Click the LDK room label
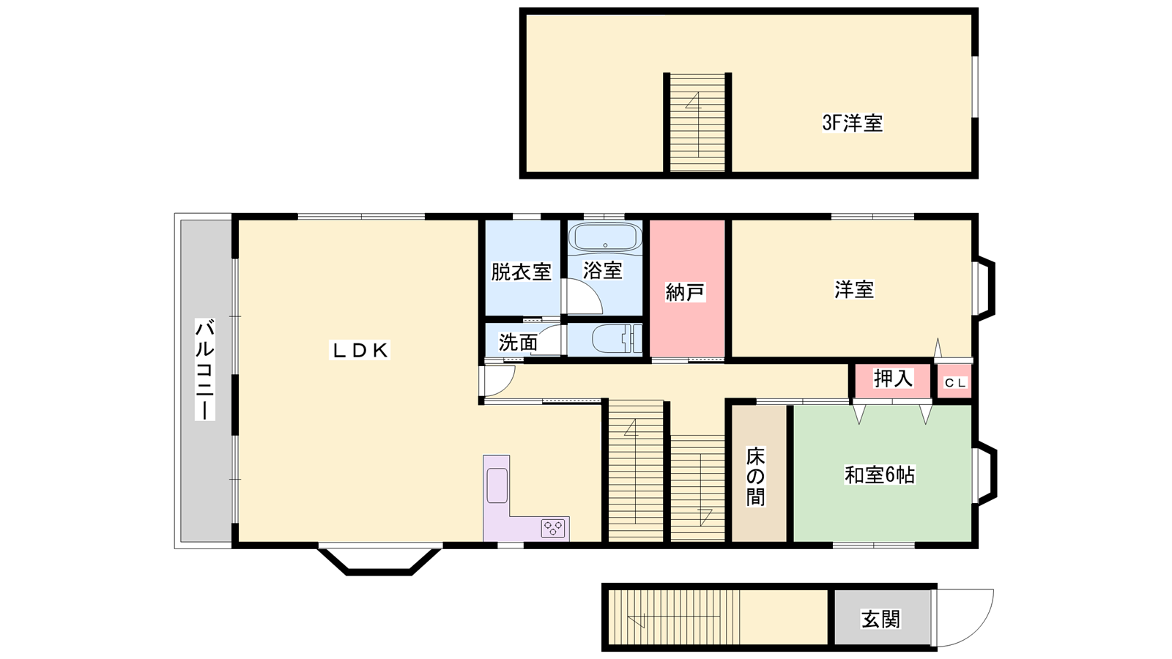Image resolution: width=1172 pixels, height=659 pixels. tap(360, 351)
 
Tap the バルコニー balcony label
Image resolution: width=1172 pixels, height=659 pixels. tap(204, 369)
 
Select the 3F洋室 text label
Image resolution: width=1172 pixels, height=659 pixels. tap(853, 123)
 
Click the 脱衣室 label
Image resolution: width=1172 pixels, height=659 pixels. tap(521, 272)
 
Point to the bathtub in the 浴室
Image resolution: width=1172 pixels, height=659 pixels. tap(605, 238)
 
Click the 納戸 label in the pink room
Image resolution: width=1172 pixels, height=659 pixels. tap(685, 292)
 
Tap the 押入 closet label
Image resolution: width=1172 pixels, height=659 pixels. tap(893, 378)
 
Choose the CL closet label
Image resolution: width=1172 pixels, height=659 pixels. tap(955, 383)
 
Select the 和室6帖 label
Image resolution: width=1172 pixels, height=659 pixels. tap(880, 475)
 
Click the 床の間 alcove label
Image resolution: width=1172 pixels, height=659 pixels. tap(755, 476)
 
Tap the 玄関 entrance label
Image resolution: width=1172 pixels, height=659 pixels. tap(880, 619)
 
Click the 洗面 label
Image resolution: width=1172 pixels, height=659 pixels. tap(518, 343)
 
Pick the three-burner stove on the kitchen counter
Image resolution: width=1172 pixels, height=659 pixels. tap(554, 528)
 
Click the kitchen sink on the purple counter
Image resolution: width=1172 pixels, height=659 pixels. tap(497, 486)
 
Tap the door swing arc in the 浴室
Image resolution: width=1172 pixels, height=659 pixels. tap(591, 288)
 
